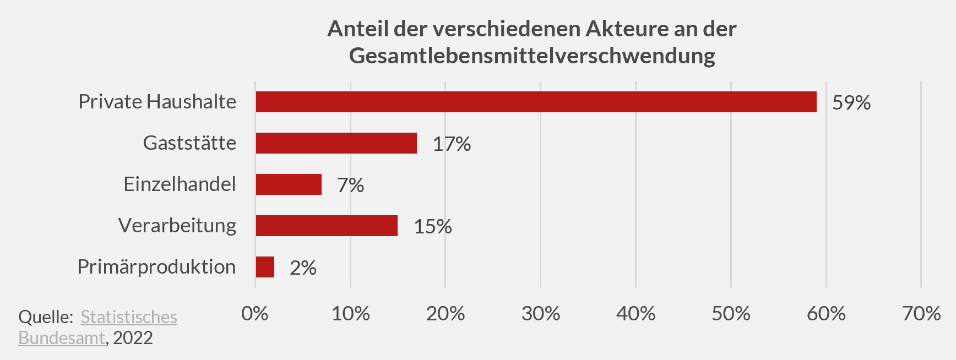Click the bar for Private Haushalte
point(536,102)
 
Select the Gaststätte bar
point(336,143)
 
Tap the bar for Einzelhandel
point(289,184)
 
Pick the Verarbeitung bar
point(327,226)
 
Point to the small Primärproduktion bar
point(265,267)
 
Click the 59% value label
point(851,103)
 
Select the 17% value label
point(452,144)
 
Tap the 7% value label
point(350,186)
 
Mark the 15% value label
point(432,227)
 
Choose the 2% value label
point(303,268)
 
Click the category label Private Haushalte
point(157,102)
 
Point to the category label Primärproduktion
point(156,267)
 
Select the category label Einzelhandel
point(180,184)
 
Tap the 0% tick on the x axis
point(254,314)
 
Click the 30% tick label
point(540,314)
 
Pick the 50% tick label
point(731,314)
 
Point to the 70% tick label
point(921,314)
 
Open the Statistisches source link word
point(129,317)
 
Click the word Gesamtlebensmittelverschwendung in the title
point(532,56)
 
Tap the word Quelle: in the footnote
point(46,317)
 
